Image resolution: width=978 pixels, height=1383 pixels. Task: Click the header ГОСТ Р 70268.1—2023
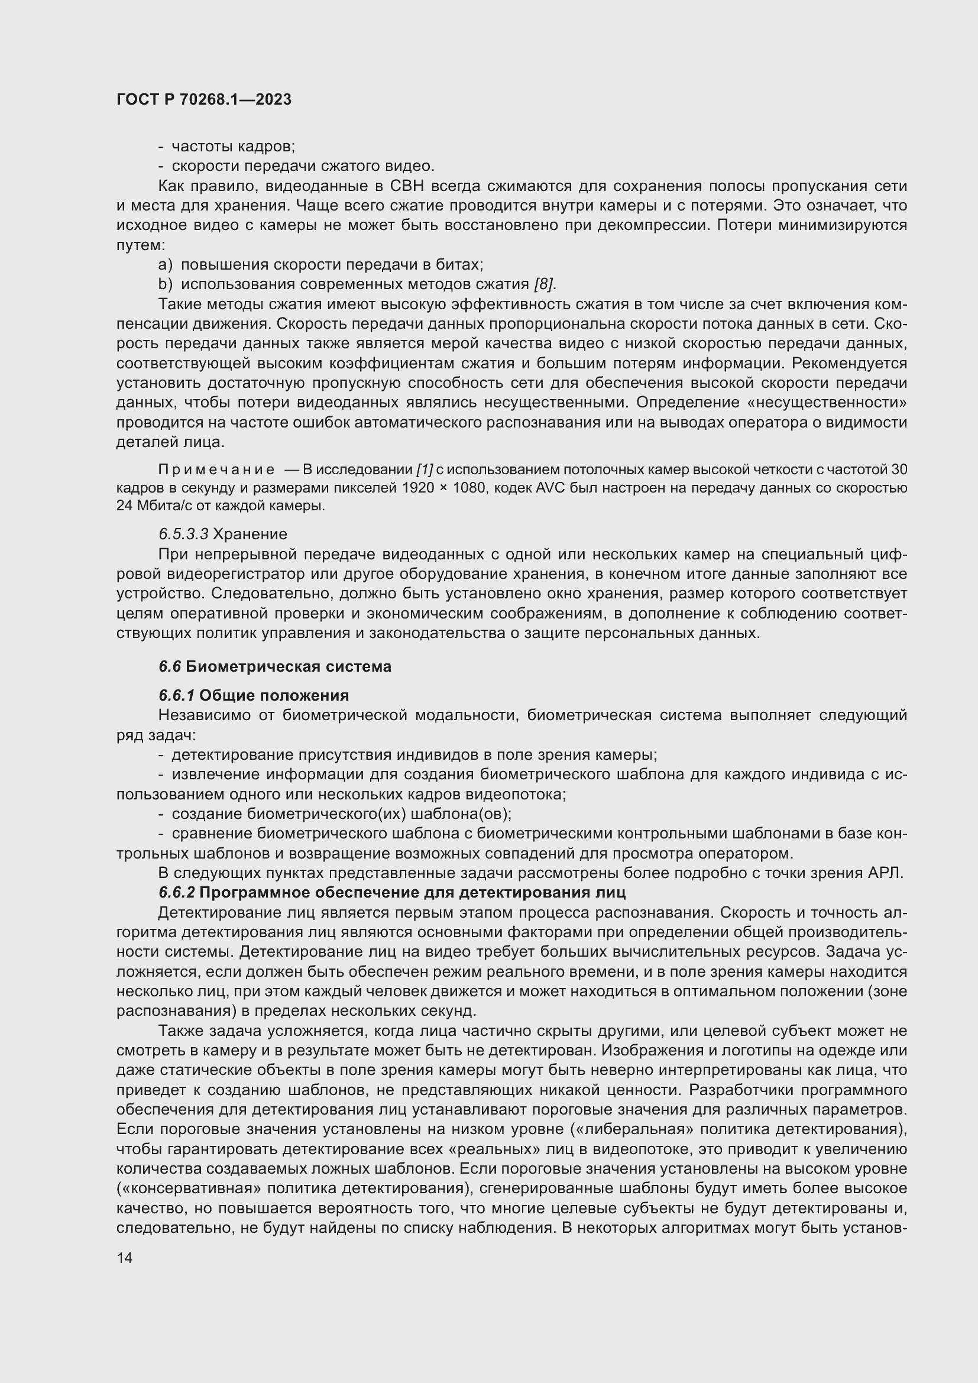[203, 99]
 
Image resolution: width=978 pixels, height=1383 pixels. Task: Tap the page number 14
[125, 1258]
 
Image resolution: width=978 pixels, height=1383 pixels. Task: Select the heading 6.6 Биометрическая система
[274, 667]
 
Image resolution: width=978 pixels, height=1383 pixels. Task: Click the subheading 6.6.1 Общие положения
[254, 696]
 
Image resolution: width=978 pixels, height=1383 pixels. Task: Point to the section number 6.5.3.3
[183, 535]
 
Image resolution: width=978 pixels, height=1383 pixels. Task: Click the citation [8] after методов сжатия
[545, 284]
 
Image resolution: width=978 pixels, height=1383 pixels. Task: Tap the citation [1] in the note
[425, 470]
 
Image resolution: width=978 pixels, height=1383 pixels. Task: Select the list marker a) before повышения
[165, 265]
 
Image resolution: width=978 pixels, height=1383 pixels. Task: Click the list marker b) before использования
[165, 284]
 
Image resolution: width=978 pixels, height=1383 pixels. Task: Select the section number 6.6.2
[176, 892]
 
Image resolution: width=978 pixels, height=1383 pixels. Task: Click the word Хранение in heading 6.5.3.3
[250, 535]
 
